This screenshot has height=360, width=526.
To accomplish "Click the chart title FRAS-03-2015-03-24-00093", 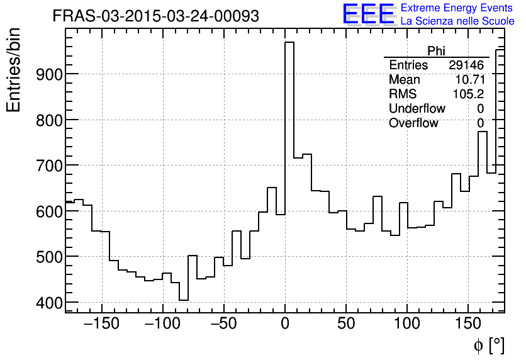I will (x=155, y=16).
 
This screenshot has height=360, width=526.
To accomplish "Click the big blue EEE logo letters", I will (x=368, y=14).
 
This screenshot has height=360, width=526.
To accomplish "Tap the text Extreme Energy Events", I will (x=457, y=8).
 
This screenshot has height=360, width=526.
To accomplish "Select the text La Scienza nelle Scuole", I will (x=457, y=21).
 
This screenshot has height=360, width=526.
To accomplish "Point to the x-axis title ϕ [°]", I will (x=489, y=345).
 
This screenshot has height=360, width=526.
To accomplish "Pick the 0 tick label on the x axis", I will (x=285, y=325).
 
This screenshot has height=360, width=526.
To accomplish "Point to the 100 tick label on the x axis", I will (x=406, y=325).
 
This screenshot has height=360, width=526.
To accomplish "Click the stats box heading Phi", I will (x=436, y=51).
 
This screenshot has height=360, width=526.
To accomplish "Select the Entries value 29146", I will (x=466, y=65).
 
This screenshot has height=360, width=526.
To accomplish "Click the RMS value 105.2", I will (x=469, y=94).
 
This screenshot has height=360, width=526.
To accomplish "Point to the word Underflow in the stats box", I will (x=417, y=109).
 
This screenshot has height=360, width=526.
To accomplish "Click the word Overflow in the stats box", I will (x=413, y=123).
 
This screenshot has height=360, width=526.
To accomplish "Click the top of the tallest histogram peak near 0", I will (x=289, y=42).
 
